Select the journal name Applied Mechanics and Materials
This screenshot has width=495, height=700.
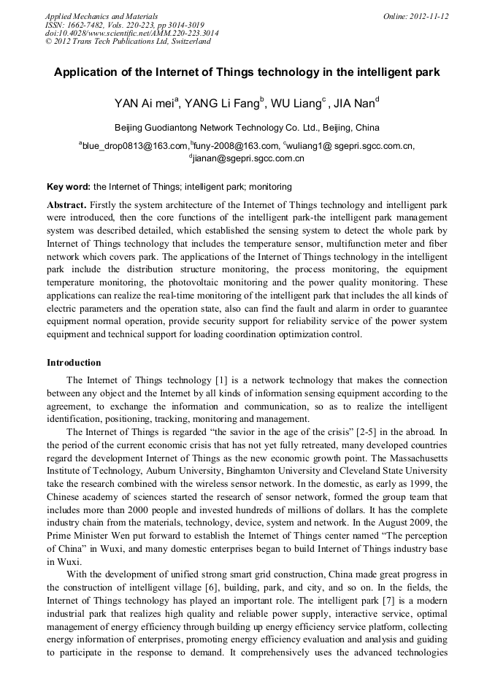(x=101, y=16)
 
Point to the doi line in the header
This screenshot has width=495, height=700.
(x=131, y=33)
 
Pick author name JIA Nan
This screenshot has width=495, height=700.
(x=354, y=103)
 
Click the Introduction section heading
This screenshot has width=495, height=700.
(x=74, y=363)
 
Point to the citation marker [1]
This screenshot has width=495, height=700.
(x=223, y=380)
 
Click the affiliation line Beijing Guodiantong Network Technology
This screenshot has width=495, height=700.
(x=247, y=127)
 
